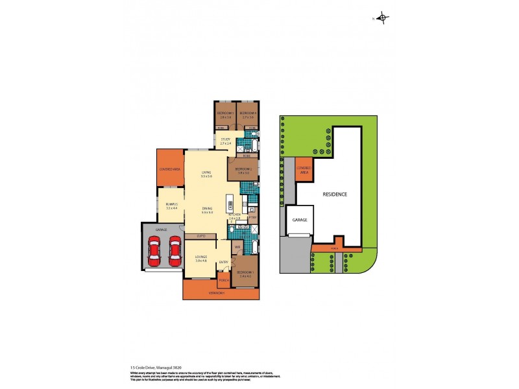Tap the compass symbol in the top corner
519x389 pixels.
382,18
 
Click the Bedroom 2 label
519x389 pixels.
243,170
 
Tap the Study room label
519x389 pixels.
225,139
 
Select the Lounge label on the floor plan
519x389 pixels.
200,258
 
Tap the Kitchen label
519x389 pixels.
235,215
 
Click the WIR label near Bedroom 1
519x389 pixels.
237,248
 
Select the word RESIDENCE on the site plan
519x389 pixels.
335,194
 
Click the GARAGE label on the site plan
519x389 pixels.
300,220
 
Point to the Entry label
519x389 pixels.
223,262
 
